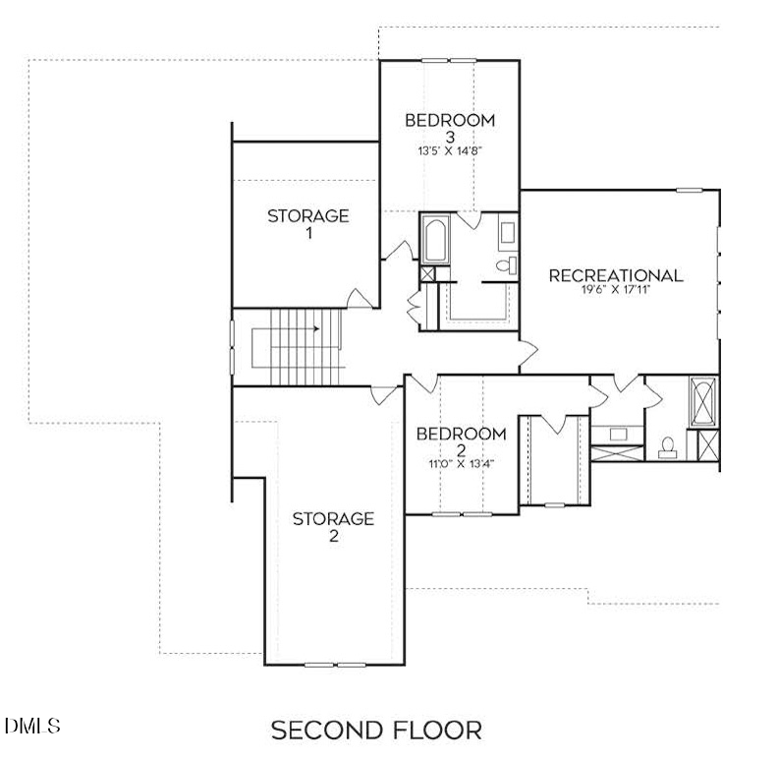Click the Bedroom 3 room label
pyautogui.click(x=450, y=128)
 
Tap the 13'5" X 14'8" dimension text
pyautogui.click(x=450, y=151)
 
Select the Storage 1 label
pyautogui.click(x=308, y=223)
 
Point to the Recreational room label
pyautogui.click(x=616, y=275)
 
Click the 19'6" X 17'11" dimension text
pyautogui.click(x=616, y=290)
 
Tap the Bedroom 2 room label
pyautogui.click(x=461, y=441)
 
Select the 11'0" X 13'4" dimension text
pyautogui.click(x=462, y=464)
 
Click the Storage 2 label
pyautogui.click(x=333, y=527)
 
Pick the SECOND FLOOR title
pyautogui.click(x=376, y=731)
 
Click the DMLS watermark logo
pyautogui.click(x=32, y=726)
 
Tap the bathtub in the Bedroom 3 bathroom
pyautogui.click(x=435, y=240)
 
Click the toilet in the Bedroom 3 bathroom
pyautogui.click(x=507, y=265)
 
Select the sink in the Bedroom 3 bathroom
pyautogui.click(x=507, y=233)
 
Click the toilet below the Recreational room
pyautogui.click(x=667, y=448)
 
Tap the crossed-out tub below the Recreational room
pyautogui.click(x=703, y=402)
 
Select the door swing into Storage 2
pyautogui.click(x=383, y=395)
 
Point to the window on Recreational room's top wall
pyautogui.click(x=690, y=191)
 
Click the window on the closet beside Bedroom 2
pyautogui.click(x=555, y=505)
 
